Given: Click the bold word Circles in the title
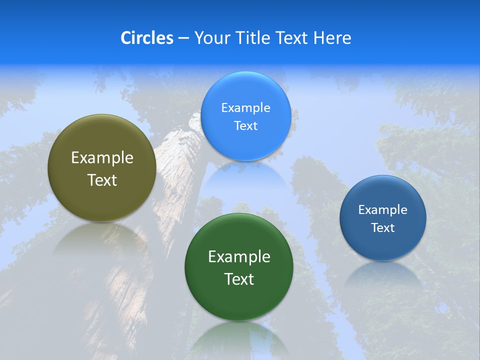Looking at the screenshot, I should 146,38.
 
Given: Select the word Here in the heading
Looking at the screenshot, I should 332,38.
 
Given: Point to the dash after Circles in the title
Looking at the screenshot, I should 183,38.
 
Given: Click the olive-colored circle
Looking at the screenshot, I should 102,168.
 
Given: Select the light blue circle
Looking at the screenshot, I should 245,116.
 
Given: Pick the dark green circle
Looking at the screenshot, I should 238,267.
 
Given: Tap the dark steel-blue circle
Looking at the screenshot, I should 382,218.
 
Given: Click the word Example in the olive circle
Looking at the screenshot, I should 102,157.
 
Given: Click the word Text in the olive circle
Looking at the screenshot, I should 102,180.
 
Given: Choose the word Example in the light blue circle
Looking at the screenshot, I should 245,107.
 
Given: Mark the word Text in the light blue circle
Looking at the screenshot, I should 245,125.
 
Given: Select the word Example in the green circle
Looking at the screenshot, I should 239,256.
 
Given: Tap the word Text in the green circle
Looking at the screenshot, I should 239,279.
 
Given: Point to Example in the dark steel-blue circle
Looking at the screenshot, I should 382,209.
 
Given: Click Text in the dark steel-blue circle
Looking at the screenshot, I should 382,227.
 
